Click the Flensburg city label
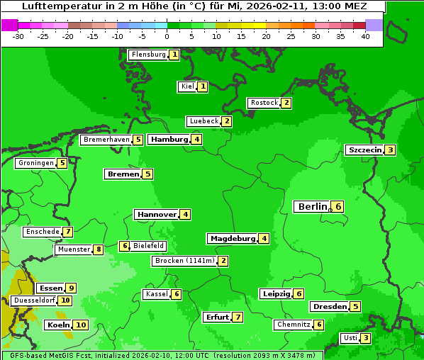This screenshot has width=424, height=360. [x=148, y=55]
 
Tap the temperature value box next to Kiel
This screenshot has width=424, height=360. [x=203, y=86]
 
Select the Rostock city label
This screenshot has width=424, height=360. [x=264, y=103]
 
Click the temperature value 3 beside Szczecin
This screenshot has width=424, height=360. [x=390, y=150]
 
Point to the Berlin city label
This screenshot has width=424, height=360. [x=312, y=207]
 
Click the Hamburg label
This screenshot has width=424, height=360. [x=169, y=140]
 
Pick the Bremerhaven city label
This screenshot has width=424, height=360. [x=106, y=140]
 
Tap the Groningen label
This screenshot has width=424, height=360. [x=36, y=163]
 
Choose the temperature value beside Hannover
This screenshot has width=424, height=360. [x=184, y=214]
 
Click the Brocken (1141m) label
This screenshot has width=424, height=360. [x=184, y=261]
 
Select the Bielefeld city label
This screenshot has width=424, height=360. [x=149, y=246]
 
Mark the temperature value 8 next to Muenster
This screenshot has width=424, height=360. [x=98, y=249]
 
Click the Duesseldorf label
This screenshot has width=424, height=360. [x=33, y=300]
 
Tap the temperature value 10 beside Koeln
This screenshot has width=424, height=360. [x=80, y=325]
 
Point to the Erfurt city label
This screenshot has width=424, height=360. [x=217, y=317]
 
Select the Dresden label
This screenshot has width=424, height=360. [x=329, y=307]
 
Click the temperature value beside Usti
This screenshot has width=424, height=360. [x=365, y=338]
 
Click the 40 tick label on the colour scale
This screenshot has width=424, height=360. [x=365, y=36]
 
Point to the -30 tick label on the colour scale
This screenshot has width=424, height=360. [x=18, y=36]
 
